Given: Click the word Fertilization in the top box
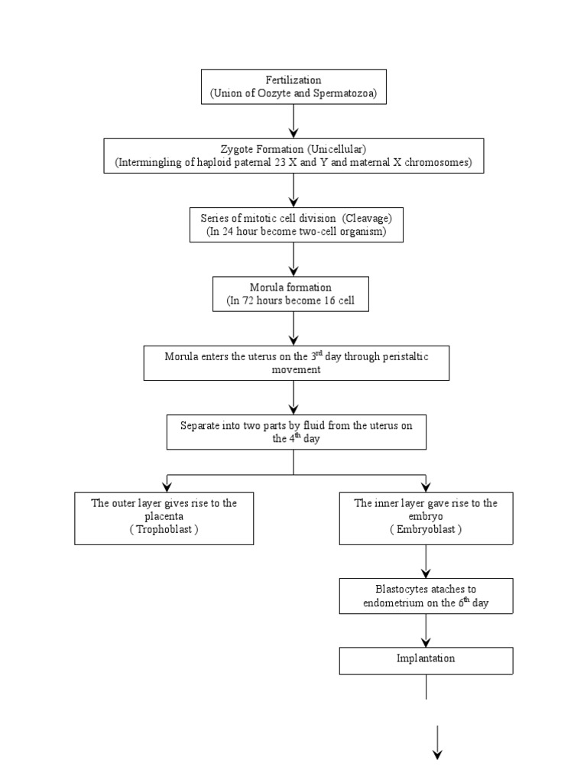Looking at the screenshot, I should point(293,80).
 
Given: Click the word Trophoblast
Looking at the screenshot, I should point(164,529).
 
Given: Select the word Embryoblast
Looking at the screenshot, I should point(426,529).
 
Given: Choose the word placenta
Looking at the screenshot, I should point(164,516).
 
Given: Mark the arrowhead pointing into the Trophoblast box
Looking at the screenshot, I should point(167,486).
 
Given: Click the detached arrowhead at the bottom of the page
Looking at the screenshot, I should point(438,753).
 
